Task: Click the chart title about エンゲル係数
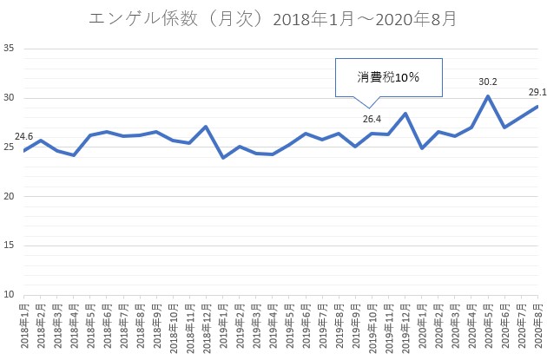coord(273,18)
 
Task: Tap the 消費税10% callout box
coord(388,77)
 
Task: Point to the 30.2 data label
coord(488,82)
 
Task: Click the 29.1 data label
coord(537,91)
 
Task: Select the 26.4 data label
coord(372,119)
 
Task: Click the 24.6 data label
coord(23,136)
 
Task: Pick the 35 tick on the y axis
coord(9,48)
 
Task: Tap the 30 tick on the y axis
coord(9,97)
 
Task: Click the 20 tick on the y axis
coord(9,196)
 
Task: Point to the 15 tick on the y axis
coord(9,245)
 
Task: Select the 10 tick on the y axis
coord(9,295)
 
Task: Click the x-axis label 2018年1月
coord(24,326)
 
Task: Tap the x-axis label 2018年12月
coord(206,329)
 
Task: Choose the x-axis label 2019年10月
coord(371,329)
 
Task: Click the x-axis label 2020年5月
coord(486,326)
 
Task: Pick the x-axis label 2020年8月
coord(537,326)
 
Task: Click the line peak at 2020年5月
coord(487,96)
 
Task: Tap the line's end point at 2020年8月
coord(537,107)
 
